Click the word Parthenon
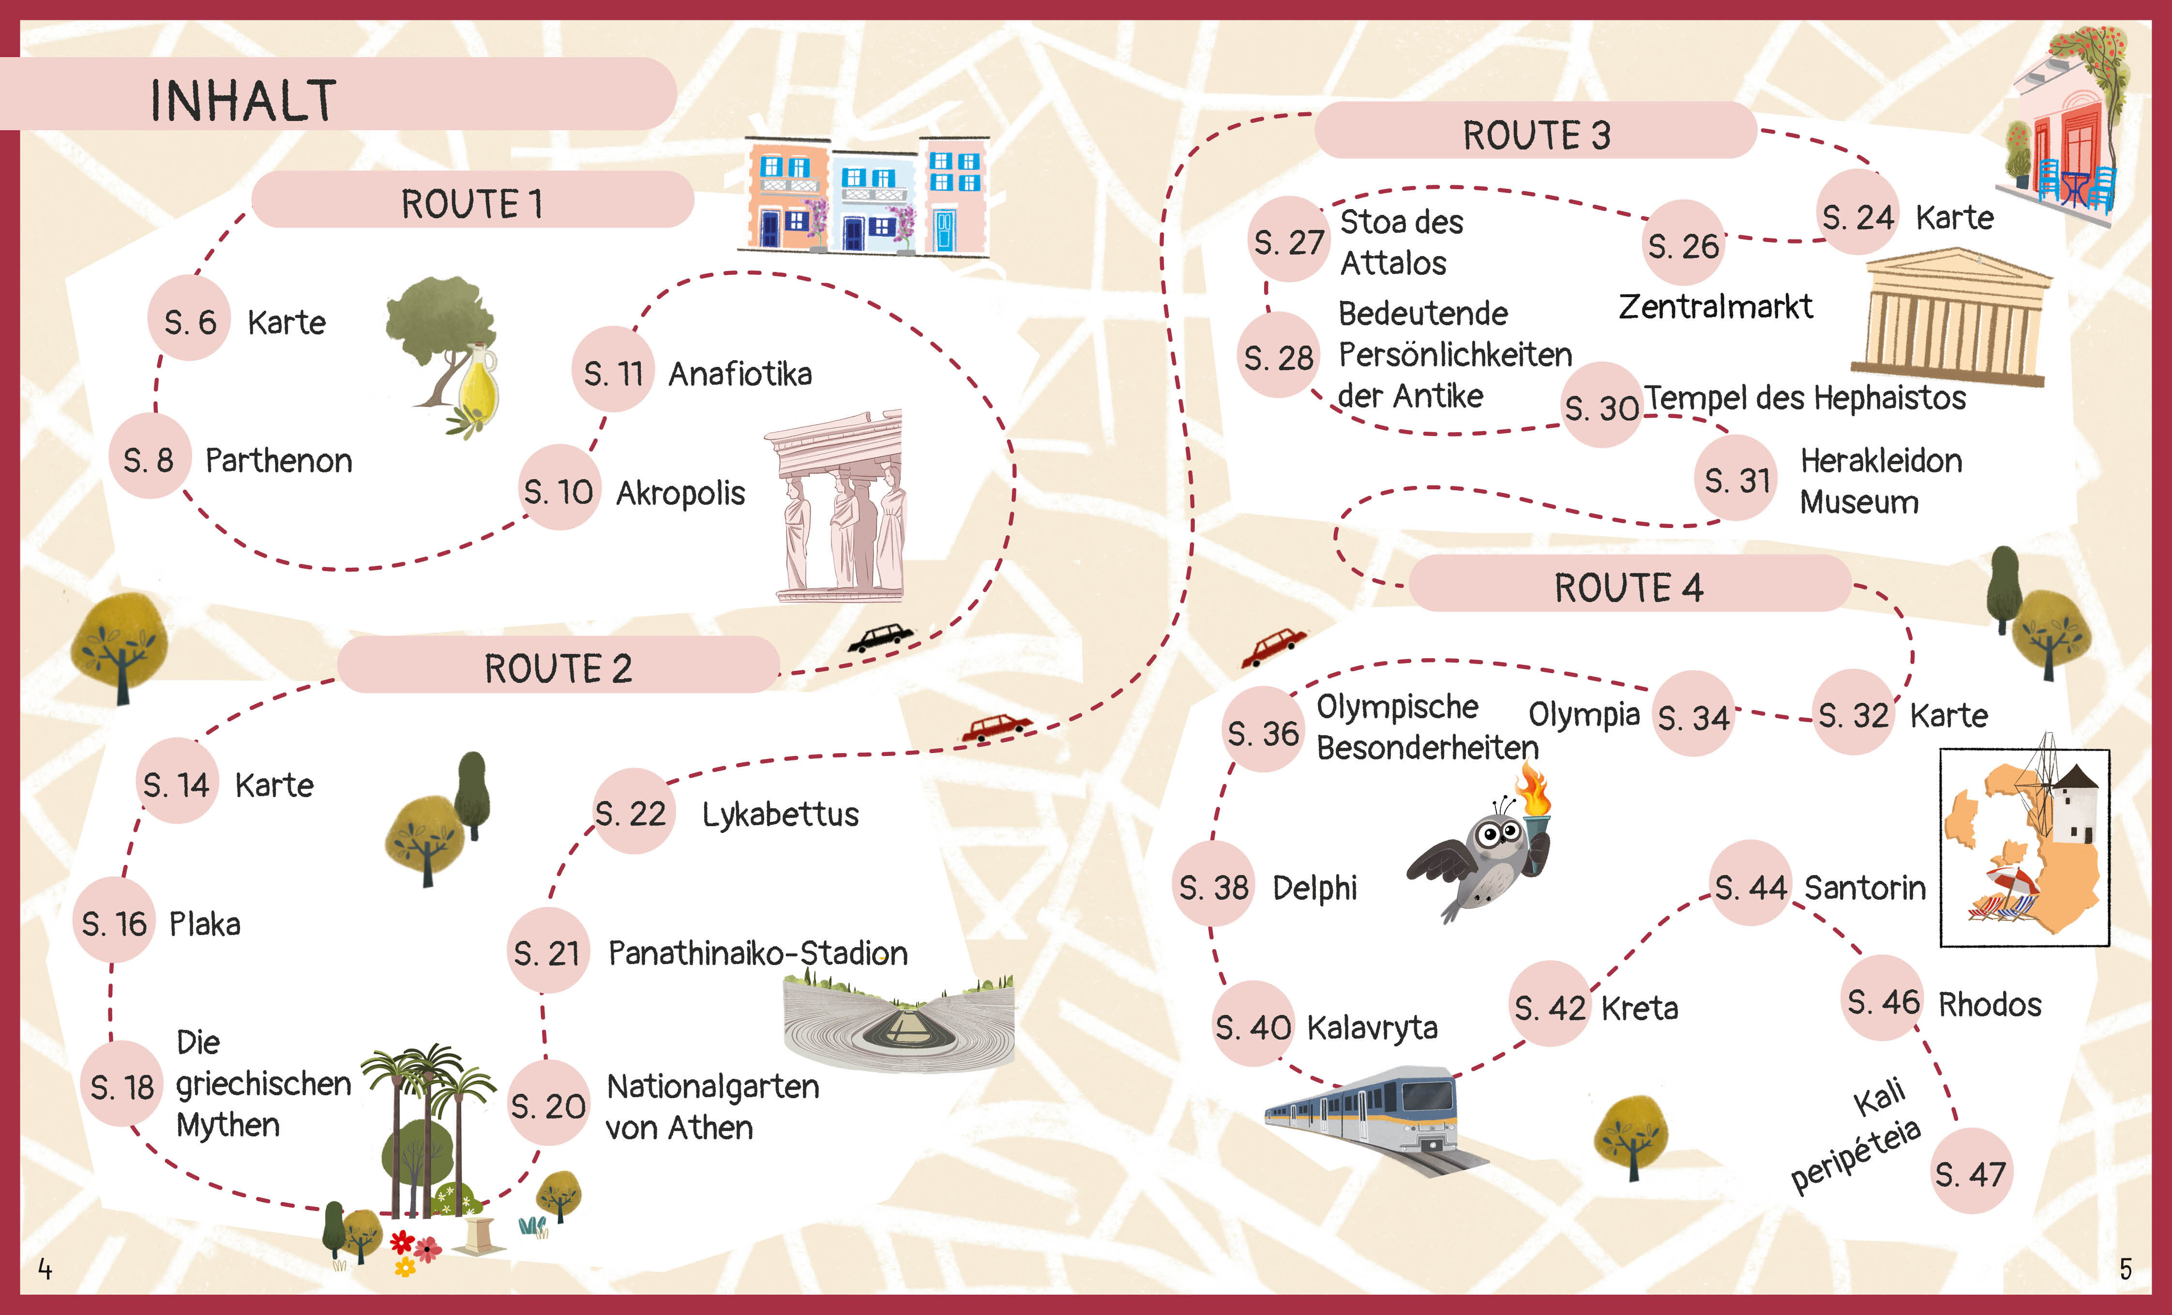(x=279, y=460)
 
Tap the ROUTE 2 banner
(x=558, y=667)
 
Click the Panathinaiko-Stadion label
(x=758, y=953)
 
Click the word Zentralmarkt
(x=1715, y=306)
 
